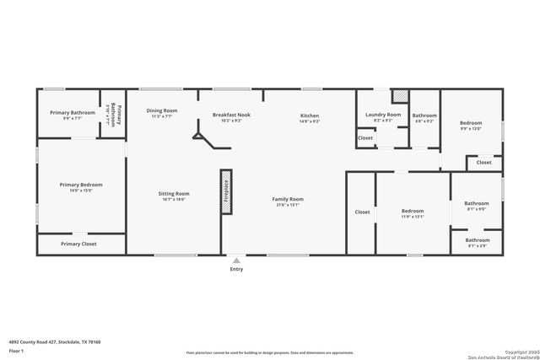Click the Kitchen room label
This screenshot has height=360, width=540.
(x=310, y=116)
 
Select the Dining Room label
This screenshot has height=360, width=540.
(x=161, y=111)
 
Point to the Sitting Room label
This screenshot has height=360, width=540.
(x=174, y=195)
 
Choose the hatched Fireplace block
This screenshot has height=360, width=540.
(x=226, y=191)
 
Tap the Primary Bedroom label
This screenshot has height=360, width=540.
(x=81, y=185)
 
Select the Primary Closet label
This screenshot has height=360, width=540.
(x=78, y=244)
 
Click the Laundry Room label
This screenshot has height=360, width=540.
(x=383, y=116)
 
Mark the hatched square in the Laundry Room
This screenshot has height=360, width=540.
(x=400, y=95)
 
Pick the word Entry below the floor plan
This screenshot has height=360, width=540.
(x=236, y=269)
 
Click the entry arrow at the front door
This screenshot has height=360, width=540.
(x=236, y=260)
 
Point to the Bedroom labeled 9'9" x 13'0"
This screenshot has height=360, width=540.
(x=470, y=125)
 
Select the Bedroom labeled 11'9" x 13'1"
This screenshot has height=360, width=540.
(x=412, y=212)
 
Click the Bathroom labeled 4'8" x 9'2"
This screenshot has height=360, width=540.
(x=424, y=117)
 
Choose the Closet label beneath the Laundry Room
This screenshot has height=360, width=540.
(x=365, y=137)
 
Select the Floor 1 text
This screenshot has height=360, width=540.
(x=16, y=350)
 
